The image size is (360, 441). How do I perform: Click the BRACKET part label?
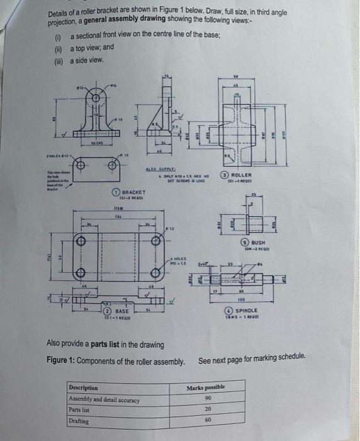click(133, 192)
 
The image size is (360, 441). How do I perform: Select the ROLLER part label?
click(242, 175)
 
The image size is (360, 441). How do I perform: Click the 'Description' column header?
click(84, 388)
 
